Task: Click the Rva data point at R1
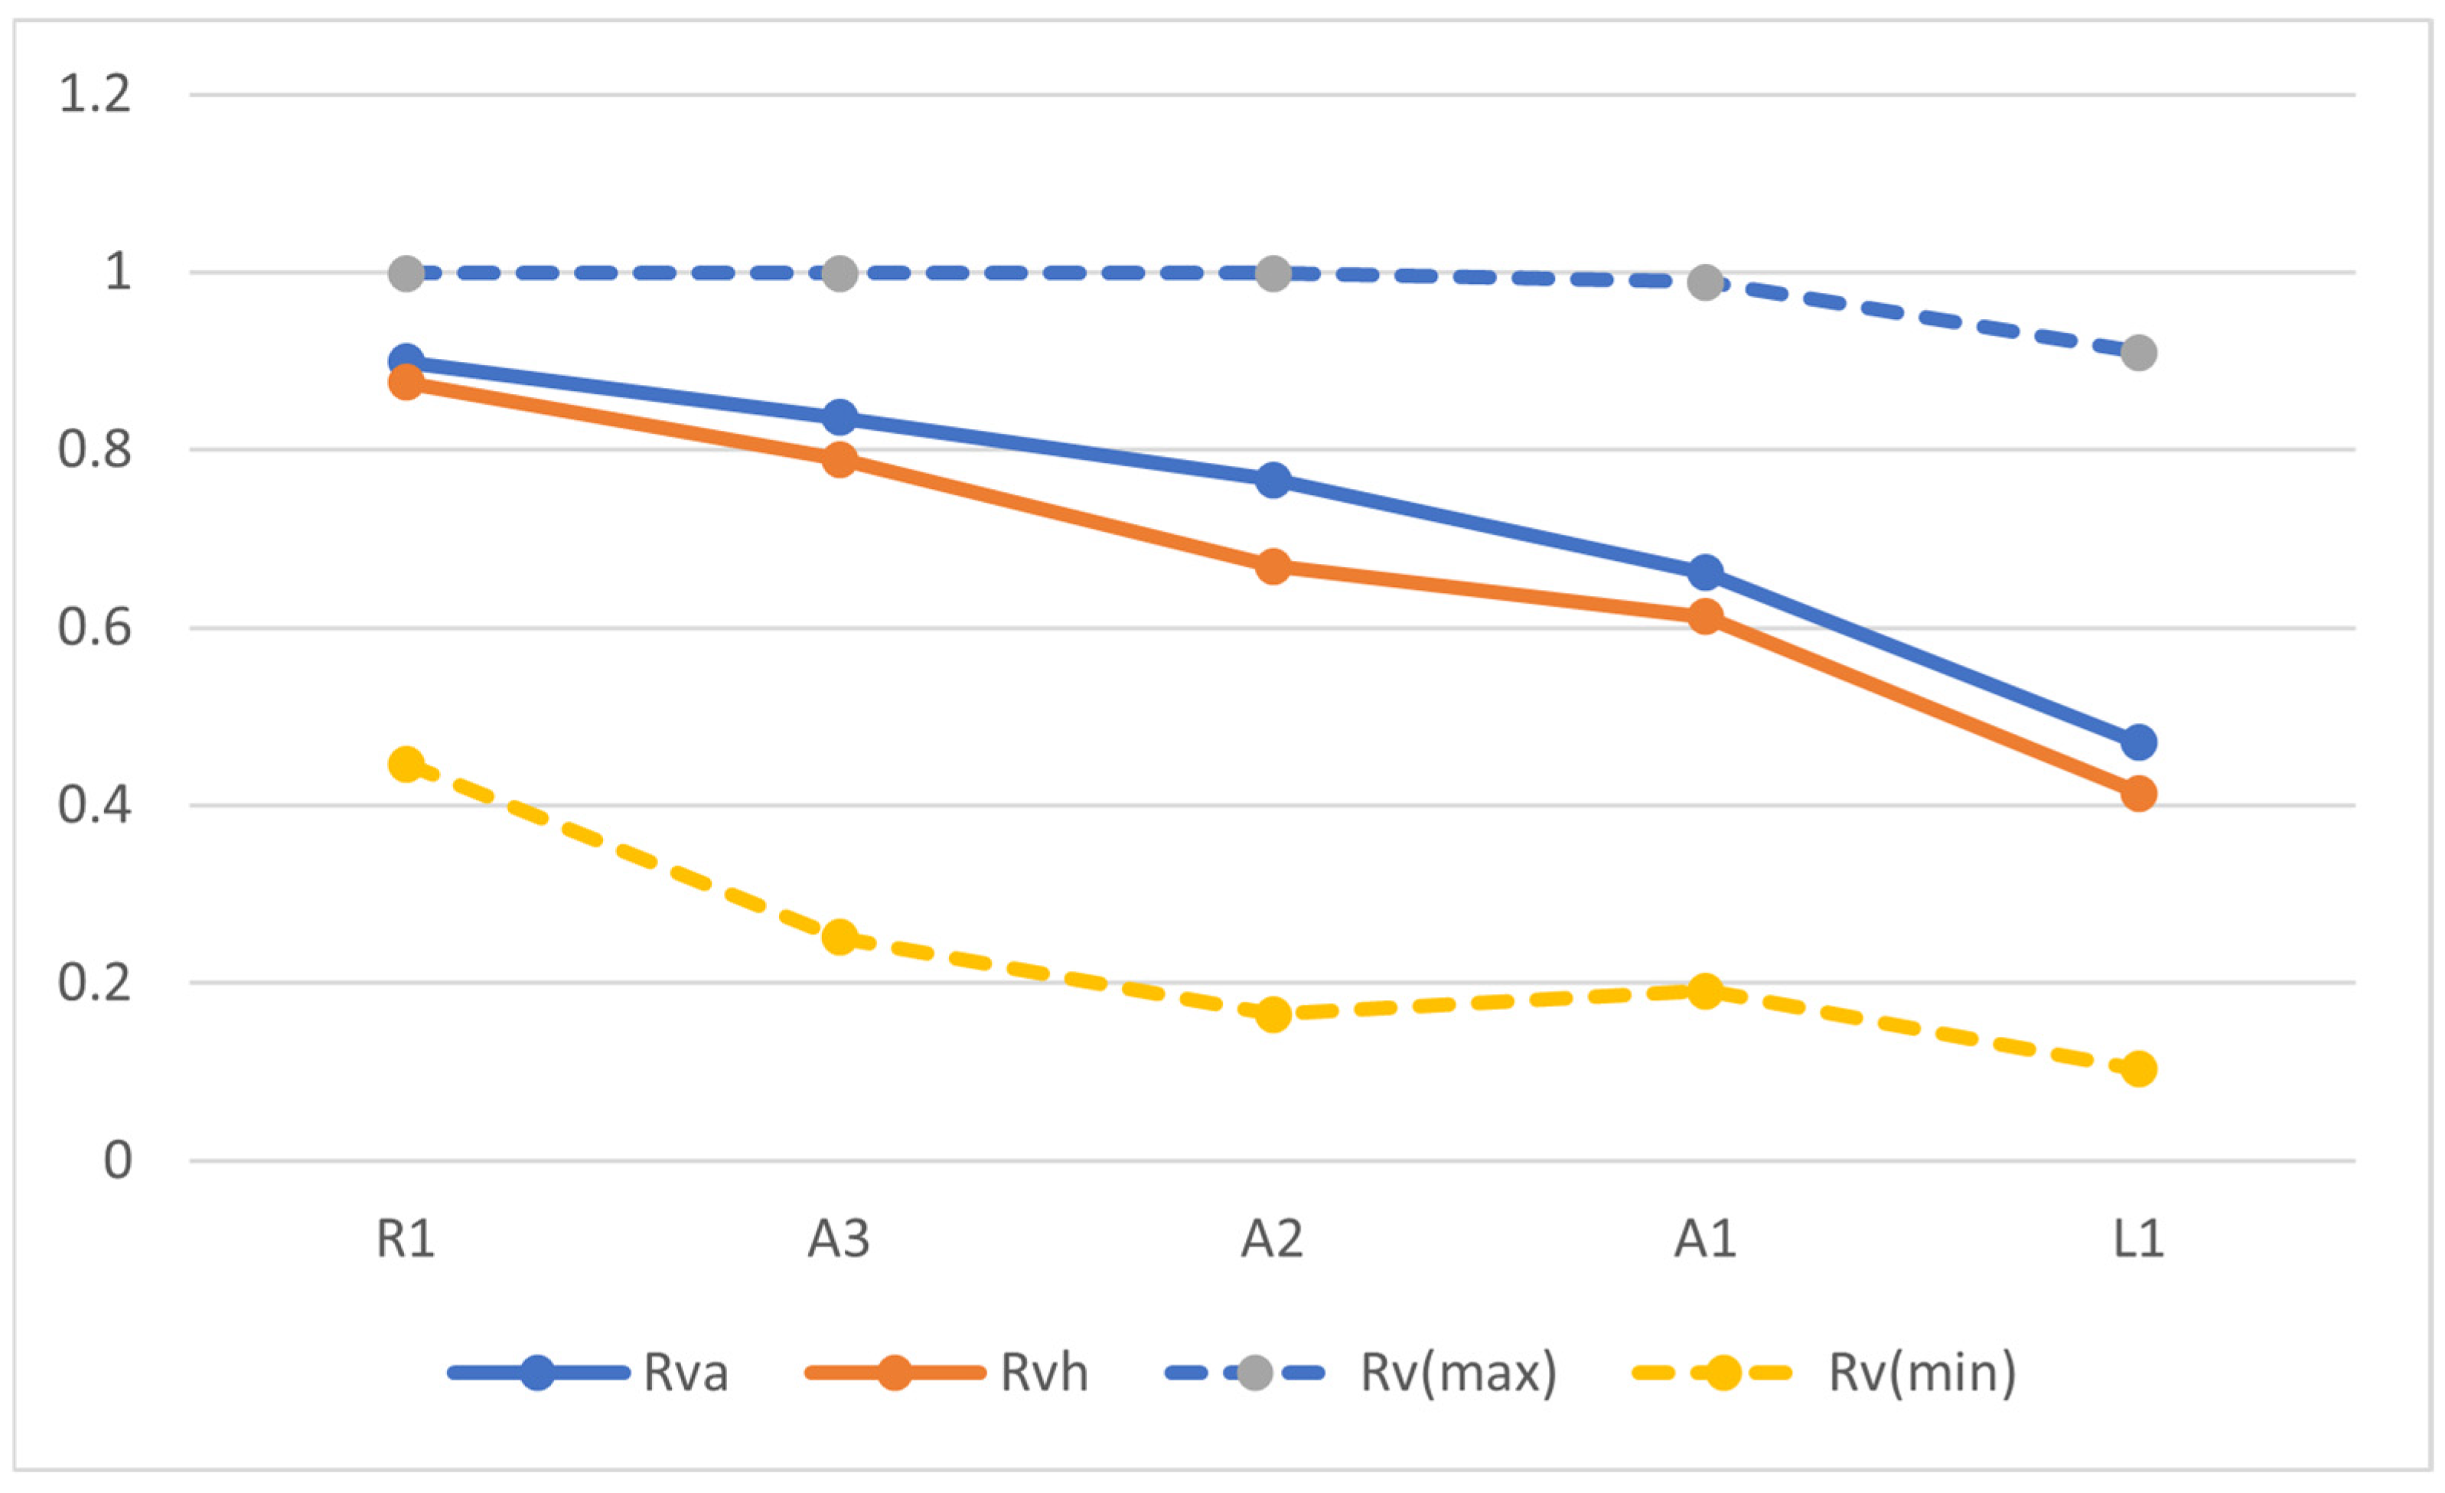(x=406, y=361)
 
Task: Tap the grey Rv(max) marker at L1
(x=2138, y=352)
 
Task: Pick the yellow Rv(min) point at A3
(x=839, y=937)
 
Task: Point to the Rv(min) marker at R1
(x=406, y=764)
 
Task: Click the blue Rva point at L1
(x=2138, y=742)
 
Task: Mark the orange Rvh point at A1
(x=1706, y=617)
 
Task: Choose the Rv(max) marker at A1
(x=1706, y=282)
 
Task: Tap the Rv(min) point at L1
(x=2138, y=1069)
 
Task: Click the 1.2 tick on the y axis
(x=95, y=95)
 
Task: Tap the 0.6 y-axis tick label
(x=95, y=628)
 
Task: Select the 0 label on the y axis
(x=117, y=1159)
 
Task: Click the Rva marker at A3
(x=839, y=418)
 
